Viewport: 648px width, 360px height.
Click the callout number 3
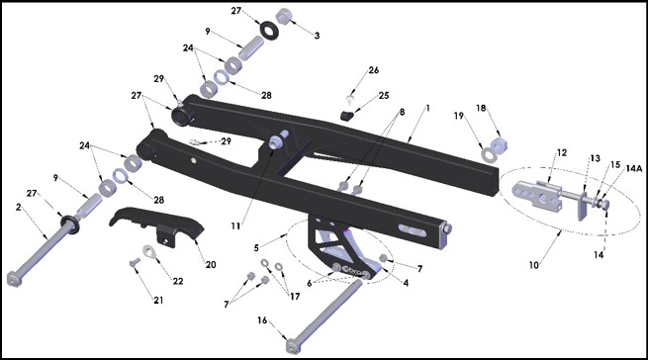click(317, 36)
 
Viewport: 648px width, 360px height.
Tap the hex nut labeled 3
click(284, 17)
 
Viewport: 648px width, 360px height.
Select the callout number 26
click(374, 70)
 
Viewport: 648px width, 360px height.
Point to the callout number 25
click(384, 96)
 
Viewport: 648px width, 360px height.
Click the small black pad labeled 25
click(347, 115)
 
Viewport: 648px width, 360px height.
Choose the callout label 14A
click(634, 168)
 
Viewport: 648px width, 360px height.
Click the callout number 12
click(562, 153)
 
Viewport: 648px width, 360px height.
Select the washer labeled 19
click(490, 155)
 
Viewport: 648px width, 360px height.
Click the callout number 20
click(211, 264)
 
